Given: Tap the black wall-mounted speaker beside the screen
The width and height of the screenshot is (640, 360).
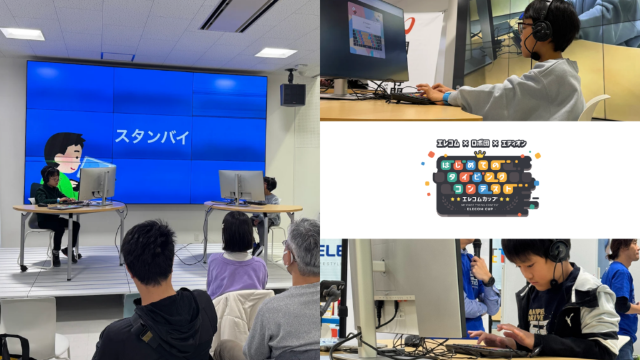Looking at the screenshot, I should click(292, 94).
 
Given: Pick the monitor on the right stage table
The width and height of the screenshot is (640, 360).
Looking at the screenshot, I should click(242, 185).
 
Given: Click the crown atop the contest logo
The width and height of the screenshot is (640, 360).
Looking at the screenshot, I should click(480, 153).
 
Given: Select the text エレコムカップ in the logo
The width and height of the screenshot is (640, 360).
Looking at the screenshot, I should click(480, 199).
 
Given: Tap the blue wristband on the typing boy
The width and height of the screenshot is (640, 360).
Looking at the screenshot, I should click(447, 97).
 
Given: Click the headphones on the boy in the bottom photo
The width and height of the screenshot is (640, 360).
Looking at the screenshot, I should click(557, 251).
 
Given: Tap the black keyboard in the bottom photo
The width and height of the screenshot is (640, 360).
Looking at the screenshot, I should click(488, 351).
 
